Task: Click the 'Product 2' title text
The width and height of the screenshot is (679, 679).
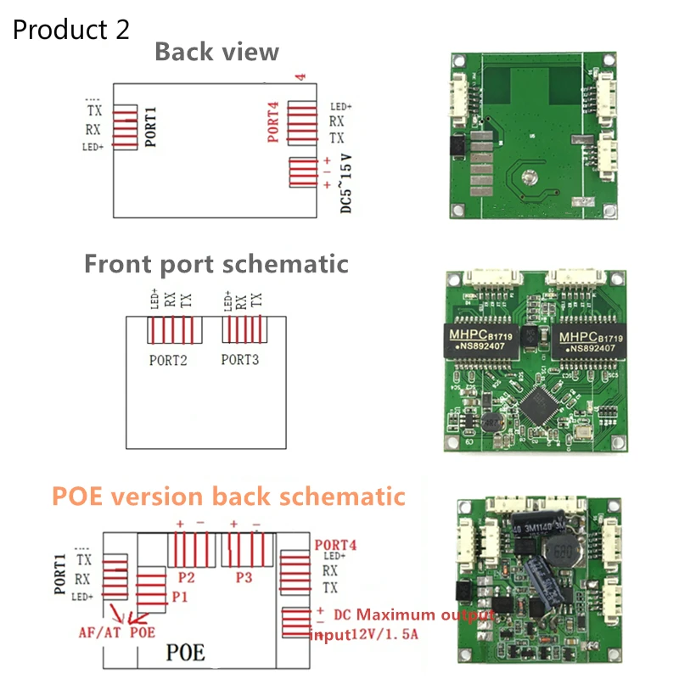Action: click(x=71, y=30)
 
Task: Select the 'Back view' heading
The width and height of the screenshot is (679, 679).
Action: click(x=216, y=52)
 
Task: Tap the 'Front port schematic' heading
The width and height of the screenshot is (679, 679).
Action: click(x=216, y=263)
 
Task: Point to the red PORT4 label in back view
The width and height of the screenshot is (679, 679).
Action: click(x=273, y=122)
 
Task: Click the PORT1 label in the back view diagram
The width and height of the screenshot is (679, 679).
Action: click(x=151, y=127)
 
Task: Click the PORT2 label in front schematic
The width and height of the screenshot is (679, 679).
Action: click(x=168, y=360)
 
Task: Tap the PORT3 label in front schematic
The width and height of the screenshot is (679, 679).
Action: click(x=240, y=360)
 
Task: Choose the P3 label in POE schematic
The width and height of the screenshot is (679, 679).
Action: click(x=244, y=578)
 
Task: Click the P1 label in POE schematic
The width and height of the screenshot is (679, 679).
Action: click(x=180, y=597)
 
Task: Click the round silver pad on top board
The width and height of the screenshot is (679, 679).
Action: click(x=530, y=177)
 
